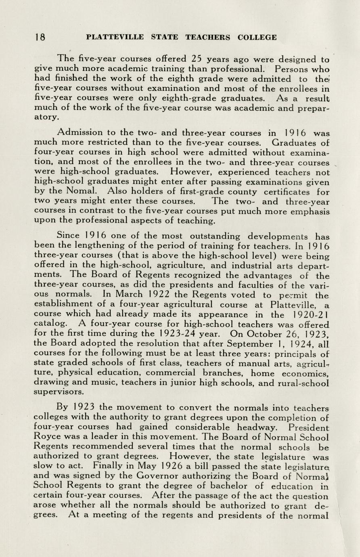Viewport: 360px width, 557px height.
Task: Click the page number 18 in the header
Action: tap(40, 38)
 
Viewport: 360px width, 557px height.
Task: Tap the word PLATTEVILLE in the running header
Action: tap(115, 38)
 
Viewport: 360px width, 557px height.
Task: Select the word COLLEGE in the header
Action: tap(257, 38)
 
